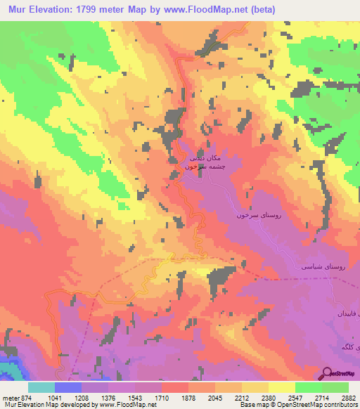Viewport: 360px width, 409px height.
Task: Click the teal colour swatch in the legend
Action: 41,387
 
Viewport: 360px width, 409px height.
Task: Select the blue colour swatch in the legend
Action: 68,387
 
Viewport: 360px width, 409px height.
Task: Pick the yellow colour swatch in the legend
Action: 282,387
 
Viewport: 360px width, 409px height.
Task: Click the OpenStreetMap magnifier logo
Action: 328,375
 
